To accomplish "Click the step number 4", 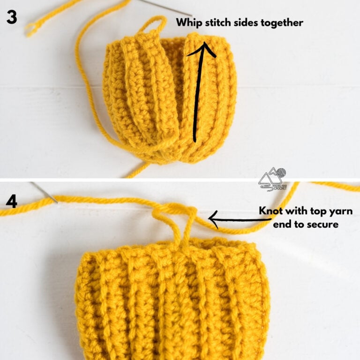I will pos(11,202).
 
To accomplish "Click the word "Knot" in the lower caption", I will pos(271,211).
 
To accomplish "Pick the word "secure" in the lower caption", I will pos(322,225).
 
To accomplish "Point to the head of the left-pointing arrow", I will pos(214,217).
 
